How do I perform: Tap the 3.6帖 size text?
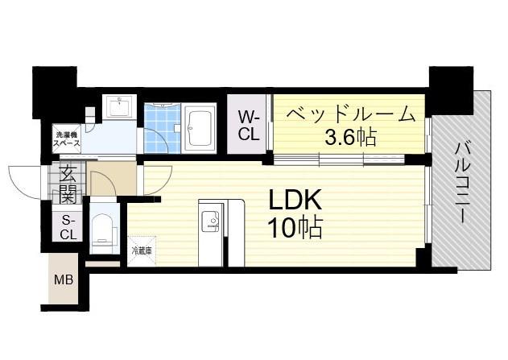point(350,137)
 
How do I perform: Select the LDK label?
point(294,200)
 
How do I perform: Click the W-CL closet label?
point(249,126)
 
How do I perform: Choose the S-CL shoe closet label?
point(68,228)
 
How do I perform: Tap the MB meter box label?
point(64,279)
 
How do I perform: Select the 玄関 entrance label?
point(68,184)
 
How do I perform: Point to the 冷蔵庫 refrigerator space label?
point(142,250)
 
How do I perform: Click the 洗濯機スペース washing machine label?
point(67,139)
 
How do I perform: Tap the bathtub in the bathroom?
point(199,128)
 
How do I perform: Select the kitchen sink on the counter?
point(211,221)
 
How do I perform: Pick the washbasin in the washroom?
point(120,106)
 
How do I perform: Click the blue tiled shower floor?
point(162,128)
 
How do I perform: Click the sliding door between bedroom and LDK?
point(339,159)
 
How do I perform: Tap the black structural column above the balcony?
point(452,91)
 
